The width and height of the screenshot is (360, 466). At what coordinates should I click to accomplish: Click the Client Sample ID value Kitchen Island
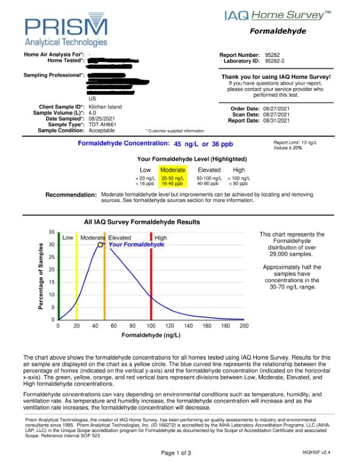106,107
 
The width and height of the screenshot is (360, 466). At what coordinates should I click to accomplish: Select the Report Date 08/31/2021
280,120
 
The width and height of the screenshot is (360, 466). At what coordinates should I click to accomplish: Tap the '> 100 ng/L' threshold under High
239,178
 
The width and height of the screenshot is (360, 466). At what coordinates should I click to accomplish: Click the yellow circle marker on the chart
101,245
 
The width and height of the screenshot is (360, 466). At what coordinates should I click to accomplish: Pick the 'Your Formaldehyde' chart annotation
136,244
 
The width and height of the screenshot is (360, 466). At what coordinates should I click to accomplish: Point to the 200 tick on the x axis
244,326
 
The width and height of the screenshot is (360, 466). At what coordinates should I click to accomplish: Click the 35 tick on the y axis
52,232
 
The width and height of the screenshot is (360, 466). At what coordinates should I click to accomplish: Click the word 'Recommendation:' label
71,195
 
